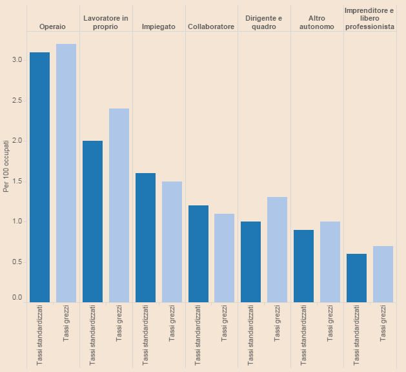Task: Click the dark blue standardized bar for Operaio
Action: [x=39, y=177]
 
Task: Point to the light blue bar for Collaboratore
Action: [x=224, y=258]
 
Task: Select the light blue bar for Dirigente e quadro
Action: [x=277, y=249]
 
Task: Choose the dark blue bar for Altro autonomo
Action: [x=303, y=265]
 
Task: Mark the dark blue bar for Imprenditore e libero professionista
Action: [x=356, y=278]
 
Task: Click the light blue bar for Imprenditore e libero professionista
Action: [x=383, y=274]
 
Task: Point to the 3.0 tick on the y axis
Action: [x=17, y=59]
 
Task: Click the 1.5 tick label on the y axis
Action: [x=17, y=181]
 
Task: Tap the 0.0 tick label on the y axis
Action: [x=17, y=298]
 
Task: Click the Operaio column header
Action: [x=52, y=26]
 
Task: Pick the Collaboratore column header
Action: [x=211, y=26]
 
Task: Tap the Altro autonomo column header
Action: [x=316, y=22]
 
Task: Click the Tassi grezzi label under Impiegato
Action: [x=172, y=322]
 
